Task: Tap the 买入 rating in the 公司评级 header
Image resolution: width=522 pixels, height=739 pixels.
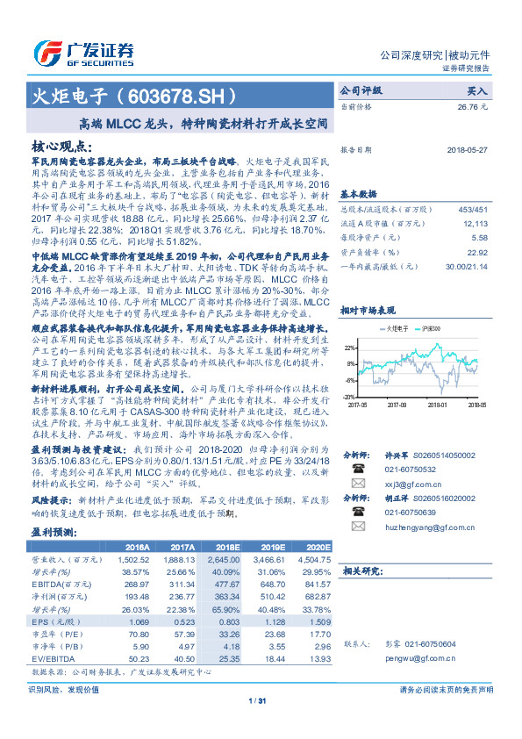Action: pos(476,90)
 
